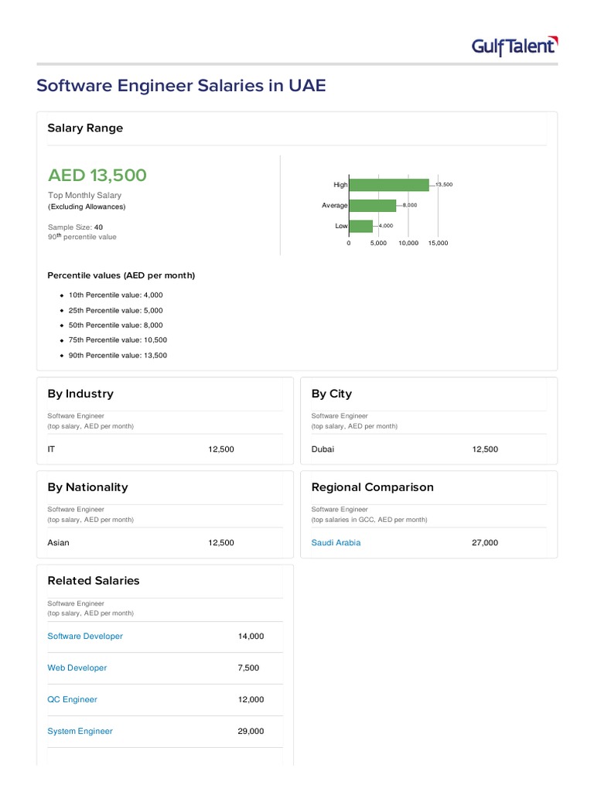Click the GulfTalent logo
[x=514, y=46]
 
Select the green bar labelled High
[x=388, y=185]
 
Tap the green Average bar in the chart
[x=372, y=205]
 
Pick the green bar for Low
[x=360, y=226]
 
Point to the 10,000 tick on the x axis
[x=408, y=243]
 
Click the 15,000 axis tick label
[x=438, y=243]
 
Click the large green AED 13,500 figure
[x=97, y=176]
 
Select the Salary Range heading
[x=85, y=128]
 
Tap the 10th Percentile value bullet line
[x=115, y=295]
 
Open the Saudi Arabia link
[x=336, y=543]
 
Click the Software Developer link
[x=85, y=637]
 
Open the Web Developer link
[x=77, y=668]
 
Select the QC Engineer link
[x=73, y=700]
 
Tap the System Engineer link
[x=80, y=732]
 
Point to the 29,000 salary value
[x=251, y=732]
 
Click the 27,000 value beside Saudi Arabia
[x=485, y=543]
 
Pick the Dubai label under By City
[x=323, y=449]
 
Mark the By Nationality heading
[x=87, y=487]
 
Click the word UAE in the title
[x=308, y=85]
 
